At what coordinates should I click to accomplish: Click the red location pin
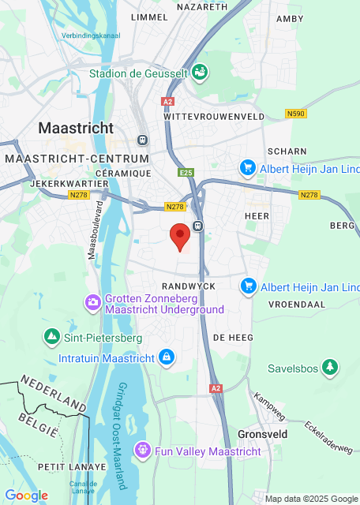pyautogui.click(x=181, y=235)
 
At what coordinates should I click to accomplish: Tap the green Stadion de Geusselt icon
pyautogui.click(x=201, y=72)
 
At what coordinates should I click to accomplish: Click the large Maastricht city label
pyautogui.click(x=76, y=127)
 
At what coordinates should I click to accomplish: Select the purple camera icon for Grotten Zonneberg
pyautogui.click(x=93, y=301)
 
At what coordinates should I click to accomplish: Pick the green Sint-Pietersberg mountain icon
pyautogui.click(x=52, y=337)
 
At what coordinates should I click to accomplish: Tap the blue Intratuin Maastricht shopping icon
pyautogui.click(x=166, y=357)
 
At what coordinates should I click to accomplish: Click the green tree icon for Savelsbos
pyautogui.click(x=329, y=367)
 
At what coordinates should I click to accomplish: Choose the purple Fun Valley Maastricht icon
pyautogui.click(x=142, y=451)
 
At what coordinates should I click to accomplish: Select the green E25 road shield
pyautogui.click(x=186, y=172)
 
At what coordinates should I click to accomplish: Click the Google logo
pyautogui.click(x=27, y=495)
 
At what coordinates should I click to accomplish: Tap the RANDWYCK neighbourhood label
pyautogui.click(x=188, y=285)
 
